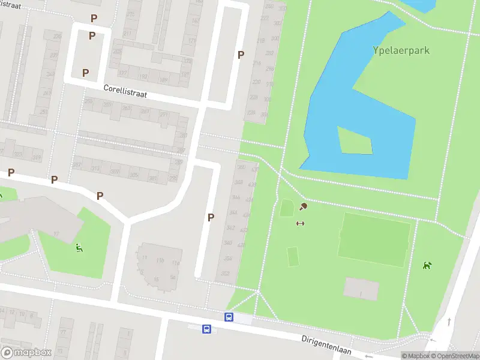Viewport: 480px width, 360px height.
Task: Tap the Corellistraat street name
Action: (x=125, y=91)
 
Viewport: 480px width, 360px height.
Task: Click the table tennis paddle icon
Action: (x=303, y=207)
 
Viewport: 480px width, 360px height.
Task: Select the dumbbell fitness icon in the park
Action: (x=300, y=224)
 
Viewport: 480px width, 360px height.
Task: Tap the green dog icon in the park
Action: (x=427, y=265)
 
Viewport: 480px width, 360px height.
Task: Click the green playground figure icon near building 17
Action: (x=79, y=247)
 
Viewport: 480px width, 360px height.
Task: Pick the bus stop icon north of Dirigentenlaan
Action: (x=229, y=317)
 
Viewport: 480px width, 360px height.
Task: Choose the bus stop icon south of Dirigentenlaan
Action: (x=206, y=329)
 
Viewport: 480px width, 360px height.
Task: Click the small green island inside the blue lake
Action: (x=354, y=140)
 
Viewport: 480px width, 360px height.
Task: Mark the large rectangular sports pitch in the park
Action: (x=374, y=239)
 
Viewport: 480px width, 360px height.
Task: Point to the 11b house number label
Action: (x=160, y=261)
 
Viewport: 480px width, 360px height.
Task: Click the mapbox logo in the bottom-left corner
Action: (x=26, y=352)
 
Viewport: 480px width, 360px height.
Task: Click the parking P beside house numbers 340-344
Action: (x=211, y=217)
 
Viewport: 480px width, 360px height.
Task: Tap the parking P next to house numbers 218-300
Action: (x=241, y=55)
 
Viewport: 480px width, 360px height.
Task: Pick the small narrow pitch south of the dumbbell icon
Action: (x=293, y=257)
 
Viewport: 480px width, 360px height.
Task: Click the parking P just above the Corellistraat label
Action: (x=86, y=73)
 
